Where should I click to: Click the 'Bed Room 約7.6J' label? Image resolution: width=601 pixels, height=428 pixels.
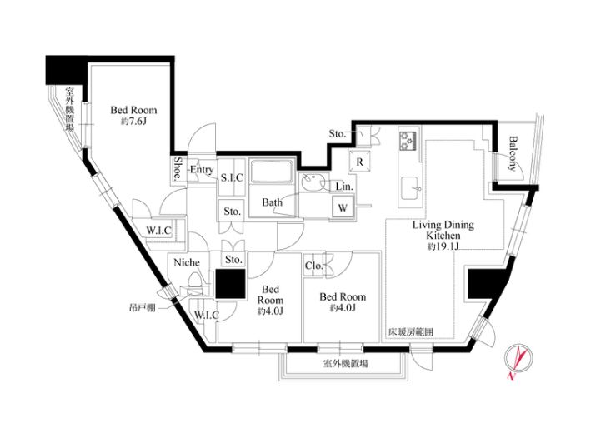click(133, 116)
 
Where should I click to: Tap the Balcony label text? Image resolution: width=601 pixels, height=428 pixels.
click(513, 153)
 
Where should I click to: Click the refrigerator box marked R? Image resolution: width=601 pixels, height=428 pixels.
click(359, 162)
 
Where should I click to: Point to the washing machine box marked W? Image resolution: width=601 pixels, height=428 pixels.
click(343, 207)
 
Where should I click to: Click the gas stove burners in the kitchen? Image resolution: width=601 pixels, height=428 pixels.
click(408, 141)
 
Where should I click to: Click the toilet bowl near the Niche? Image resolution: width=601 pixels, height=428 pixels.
click(196, 281)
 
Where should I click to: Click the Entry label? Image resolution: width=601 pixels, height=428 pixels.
click(201, 169)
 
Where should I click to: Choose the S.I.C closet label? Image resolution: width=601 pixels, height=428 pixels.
click(233, 178)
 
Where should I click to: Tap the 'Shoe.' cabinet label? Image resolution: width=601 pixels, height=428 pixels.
click(178, 168)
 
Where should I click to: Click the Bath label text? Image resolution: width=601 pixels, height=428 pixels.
click(272, 202)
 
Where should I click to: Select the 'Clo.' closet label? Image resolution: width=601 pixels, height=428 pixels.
click(314, 266)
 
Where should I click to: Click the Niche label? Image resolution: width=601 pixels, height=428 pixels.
click(187, 262)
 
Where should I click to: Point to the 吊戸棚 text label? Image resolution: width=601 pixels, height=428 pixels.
click(142, 307)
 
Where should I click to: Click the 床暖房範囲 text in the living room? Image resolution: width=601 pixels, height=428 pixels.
click(410, 332)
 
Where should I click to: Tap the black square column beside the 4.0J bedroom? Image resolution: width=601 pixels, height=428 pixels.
click(230, 284)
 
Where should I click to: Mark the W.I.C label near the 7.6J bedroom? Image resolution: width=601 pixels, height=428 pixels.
click(158, 231)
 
